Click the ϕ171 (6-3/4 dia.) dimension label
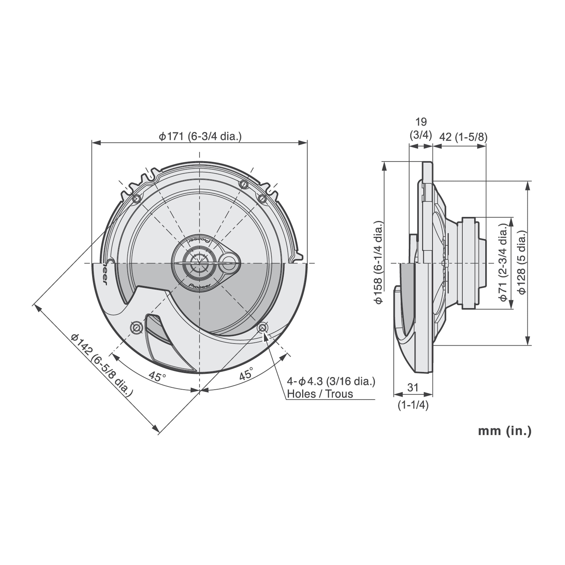(200, 136)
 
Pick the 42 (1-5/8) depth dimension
(463, 137)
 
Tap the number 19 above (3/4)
(421, 122)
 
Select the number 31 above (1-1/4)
(413, 388)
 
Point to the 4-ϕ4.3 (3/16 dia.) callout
(331, 381)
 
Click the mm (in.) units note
(505, 431)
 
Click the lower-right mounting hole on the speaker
(262, 328)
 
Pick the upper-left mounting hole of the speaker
(137, 199)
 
